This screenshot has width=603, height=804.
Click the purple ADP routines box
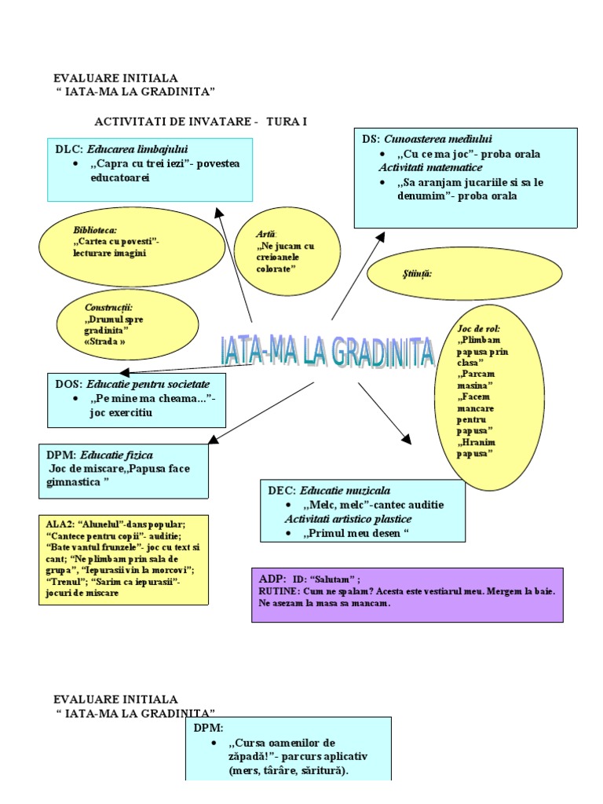coord(407,594)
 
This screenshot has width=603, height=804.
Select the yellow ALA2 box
coord(122,559)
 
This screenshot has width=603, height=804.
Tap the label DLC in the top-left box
coord(68,149)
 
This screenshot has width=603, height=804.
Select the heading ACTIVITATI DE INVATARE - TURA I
coord(200,122)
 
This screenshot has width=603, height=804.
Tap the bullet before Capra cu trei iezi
coord(75,163)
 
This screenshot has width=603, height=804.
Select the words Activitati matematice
coord(430,168)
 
